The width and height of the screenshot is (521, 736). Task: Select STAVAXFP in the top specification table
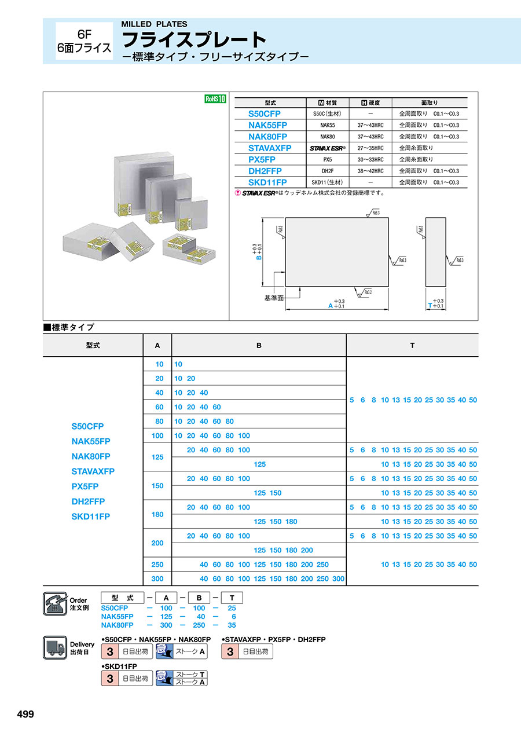tap(269, 148)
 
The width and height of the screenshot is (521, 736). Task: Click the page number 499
tap(25, 714)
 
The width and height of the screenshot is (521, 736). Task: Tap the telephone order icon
tap(56, 604)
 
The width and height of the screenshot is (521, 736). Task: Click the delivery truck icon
tap(56, 647)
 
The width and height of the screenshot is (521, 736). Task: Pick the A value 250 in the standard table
tap(157, 565)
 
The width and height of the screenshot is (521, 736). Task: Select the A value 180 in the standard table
tap(157, 514)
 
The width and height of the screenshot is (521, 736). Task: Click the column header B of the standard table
tap(259, 345)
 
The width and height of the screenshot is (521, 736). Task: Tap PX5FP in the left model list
tap(85, 486)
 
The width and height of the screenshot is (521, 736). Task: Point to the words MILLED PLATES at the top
tap(154, 24)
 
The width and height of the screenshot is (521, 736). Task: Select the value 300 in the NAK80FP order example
tap(166, 625)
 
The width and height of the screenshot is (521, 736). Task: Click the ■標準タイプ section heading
tap(69, 327)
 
